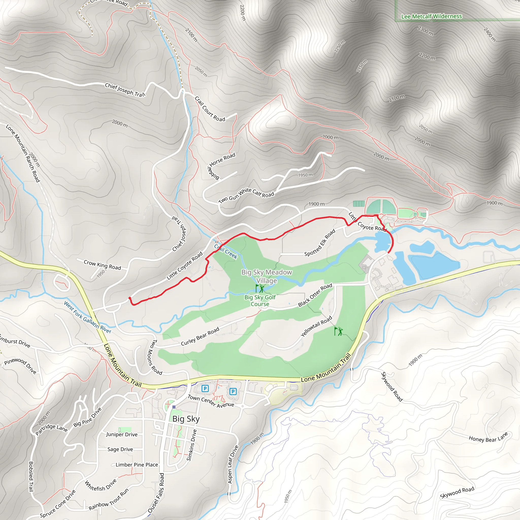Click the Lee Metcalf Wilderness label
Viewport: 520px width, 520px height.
click(x=431, y=17)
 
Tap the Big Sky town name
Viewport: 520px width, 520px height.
click(x=186, y=419)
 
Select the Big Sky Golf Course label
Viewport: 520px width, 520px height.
click(x=260, y=301)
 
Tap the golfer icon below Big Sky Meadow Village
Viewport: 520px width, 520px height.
click(x=260, y=288)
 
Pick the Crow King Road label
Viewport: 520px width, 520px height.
click(x=102, y=264)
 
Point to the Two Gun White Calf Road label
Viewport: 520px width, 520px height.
click(x=246, y=196)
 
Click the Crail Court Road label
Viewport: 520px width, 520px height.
click(x=210, y=109)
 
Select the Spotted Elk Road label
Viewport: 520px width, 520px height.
click(x=320, y=242)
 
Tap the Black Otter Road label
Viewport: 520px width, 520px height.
click(x=315, y=295)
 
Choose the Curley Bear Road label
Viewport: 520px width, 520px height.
click(x=200, y=336)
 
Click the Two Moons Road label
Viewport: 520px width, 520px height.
click(x=155, y=357)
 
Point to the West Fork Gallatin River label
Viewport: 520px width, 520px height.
click(x=88, y=317)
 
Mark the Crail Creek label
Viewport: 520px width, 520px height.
click(x=226, y=251)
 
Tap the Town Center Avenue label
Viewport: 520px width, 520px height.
click(x=211, y=401)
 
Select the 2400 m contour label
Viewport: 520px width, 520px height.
click(x=490, y=35)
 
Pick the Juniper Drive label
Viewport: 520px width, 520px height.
click(x=122, y=434)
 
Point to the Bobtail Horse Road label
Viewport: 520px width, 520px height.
click(x=221, y=166)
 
